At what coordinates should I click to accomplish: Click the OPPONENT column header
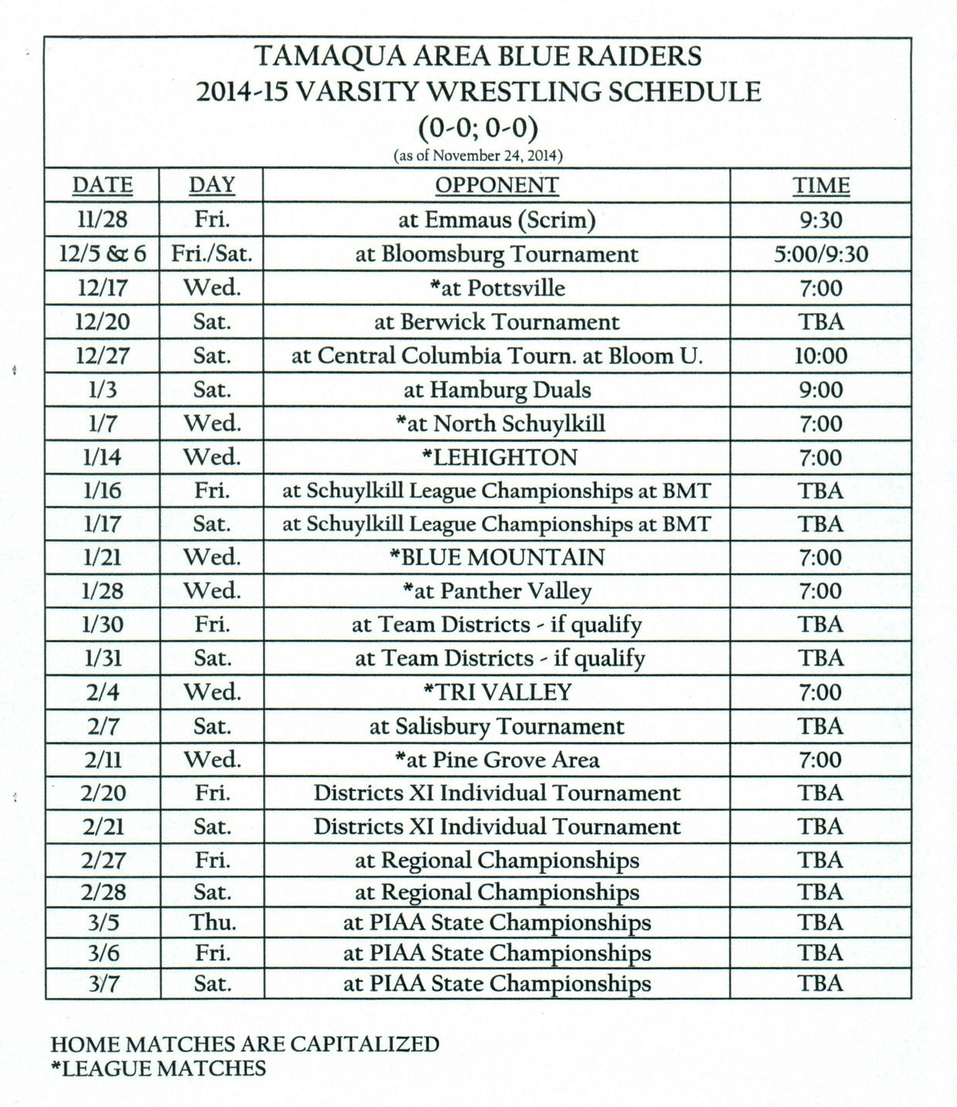pos(497,185)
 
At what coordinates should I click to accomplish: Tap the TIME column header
pos(821,185)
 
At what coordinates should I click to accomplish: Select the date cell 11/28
pos(102,220)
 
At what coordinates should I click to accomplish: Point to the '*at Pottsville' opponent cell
pos(497,288)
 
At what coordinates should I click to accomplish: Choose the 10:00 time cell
pos(821,356)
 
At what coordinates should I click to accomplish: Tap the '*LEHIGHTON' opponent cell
pos(500,457)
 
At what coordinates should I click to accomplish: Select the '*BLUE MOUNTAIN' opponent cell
pos(497,557)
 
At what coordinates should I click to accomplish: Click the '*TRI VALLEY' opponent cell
pos(497,692)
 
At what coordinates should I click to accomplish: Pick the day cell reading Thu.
pos(212,922)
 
